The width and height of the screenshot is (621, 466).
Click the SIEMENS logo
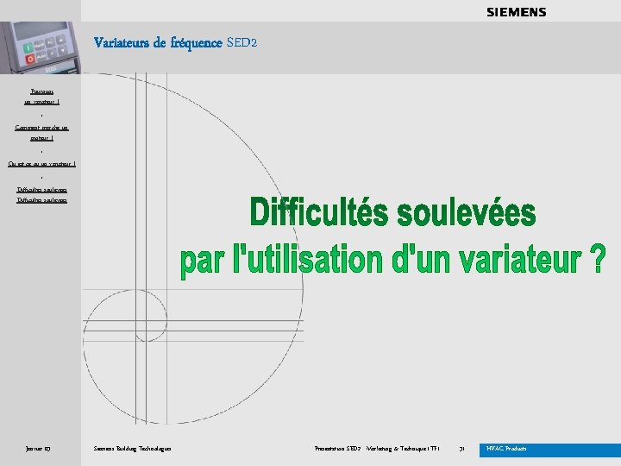point(516,12)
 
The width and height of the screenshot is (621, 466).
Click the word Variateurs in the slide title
point(121,42)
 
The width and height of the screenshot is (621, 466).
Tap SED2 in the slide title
point(241,42)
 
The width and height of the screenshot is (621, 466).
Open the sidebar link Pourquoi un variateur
point(41,96)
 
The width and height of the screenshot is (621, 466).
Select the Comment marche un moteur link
point(41,131)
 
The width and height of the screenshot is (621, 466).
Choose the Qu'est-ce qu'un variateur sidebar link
point(41,162)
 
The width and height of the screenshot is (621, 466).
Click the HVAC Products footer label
point(507,449)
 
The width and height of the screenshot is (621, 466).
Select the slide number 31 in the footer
point(462,449)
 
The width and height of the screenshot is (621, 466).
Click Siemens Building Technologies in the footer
point(132,449)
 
